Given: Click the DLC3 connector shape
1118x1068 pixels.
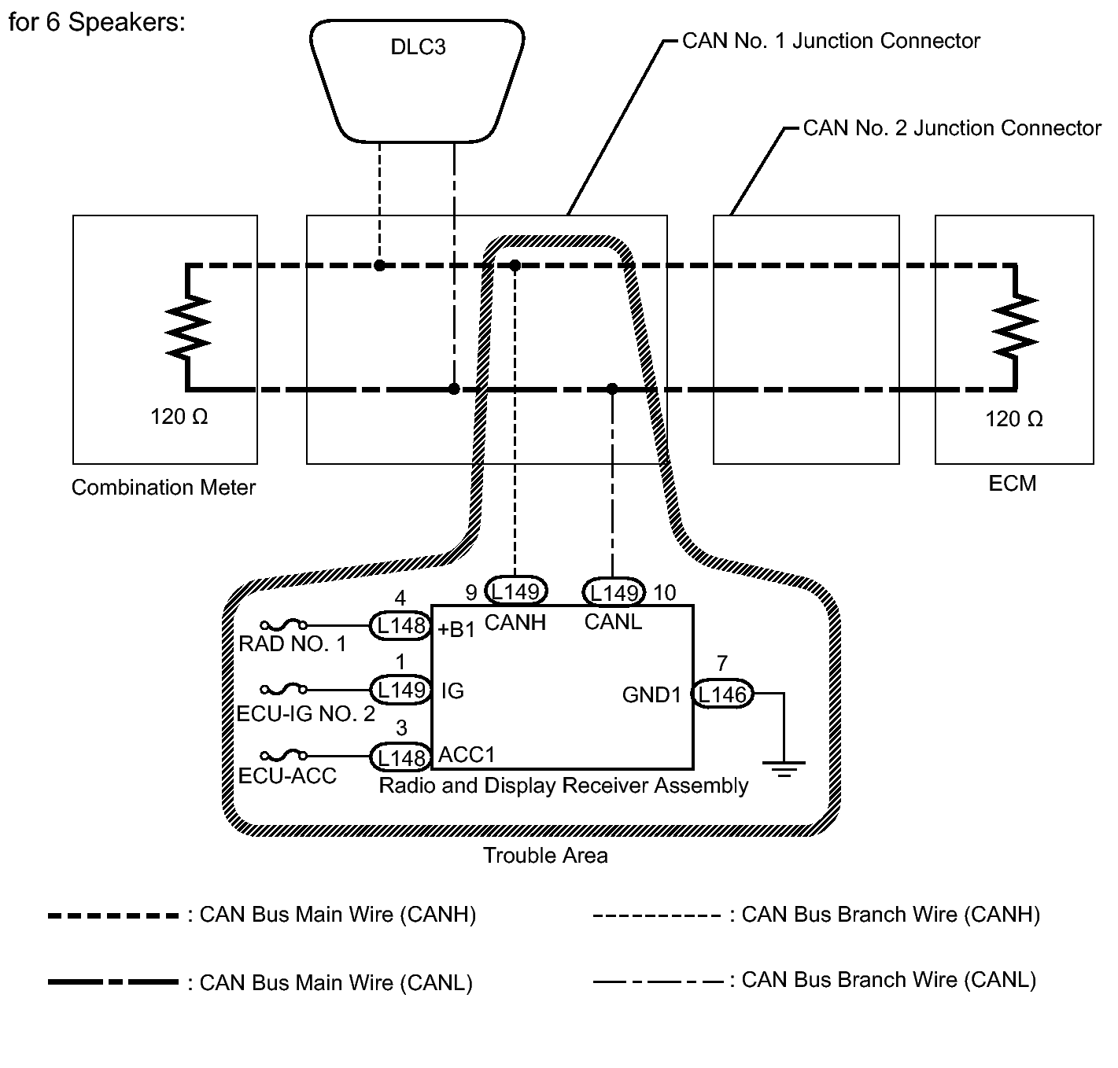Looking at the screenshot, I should pyautogui.click(x=418, y=79).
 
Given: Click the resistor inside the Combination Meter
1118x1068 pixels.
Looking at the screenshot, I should pyautogui.click(x=187, y=326).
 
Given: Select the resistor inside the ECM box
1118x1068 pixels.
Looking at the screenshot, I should pyautogui.click(x=1016, y=326).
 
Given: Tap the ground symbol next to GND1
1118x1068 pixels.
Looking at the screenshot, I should pyautogui.click(x=784, y=766).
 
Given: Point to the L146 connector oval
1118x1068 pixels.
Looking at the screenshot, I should pyautogui.click(x=722, y=694).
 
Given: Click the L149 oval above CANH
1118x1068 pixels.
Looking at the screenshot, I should pyautogui.click(x=516, y=591).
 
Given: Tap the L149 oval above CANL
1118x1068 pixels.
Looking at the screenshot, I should pyautogui.click(x=614, y=591).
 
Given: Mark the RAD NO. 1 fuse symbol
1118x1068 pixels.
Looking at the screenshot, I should pyautogui.click(x=283, y=626).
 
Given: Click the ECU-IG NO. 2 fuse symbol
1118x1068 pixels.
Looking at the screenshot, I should pyautogui.click(x=283, y=690).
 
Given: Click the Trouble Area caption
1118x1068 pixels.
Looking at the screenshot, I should pyautogui.click(x=545, y=856).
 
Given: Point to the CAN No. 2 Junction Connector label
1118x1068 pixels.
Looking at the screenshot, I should pyautogui.click(x=952, y=128).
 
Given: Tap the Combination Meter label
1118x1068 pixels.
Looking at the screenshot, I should pyautogui.click(x=164, y=488).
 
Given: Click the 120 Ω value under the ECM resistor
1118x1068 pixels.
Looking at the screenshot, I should pyautogui.click(x=1014, y=419).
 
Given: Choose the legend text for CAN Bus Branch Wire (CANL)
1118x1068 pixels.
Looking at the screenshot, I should pyautogui.click(x=888, y=980).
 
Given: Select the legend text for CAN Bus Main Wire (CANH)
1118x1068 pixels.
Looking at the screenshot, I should pyautogui.click(x=338, y=915).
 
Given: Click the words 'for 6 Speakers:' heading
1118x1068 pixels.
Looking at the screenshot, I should pyautogui.click(x=97, y=22).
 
